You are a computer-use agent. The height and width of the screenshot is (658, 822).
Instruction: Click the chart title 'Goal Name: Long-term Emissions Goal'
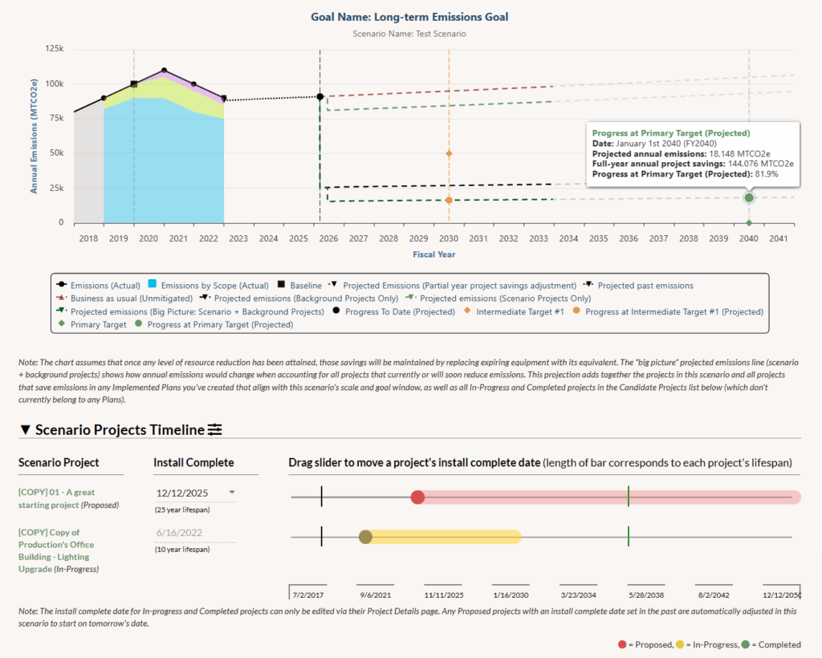coord(409,17)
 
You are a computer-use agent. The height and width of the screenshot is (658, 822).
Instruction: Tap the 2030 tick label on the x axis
coord(449,238)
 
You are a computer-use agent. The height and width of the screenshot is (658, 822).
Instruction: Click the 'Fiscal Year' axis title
coord(433,254)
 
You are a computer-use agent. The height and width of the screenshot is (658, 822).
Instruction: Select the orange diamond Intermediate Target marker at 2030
coord(449,153)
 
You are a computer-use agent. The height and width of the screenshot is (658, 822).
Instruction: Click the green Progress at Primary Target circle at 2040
coord(749,197)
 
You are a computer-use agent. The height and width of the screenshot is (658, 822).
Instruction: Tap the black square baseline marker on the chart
coord(134,84)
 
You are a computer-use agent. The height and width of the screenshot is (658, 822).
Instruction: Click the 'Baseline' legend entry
coord(304,286)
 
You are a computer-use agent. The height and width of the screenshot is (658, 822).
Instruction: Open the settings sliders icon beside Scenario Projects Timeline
coord(214,430)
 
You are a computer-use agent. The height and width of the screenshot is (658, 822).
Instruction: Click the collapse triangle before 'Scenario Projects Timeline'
coord(25,430)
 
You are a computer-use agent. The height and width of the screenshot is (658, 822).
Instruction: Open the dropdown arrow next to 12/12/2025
coord(232,493)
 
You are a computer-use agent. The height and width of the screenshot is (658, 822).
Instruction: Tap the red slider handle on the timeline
coord(417,498)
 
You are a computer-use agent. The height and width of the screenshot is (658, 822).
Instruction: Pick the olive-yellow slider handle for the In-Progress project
coord(365,537)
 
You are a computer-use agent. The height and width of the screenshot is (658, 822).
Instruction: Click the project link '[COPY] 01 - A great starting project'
coord(56,498)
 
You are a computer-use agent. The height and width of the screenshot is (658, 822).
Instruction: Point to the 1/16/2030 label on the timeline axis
coord(510,595)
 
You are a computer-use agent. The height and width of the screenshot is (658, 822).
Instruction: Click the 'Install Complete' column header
coord(193,462)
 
